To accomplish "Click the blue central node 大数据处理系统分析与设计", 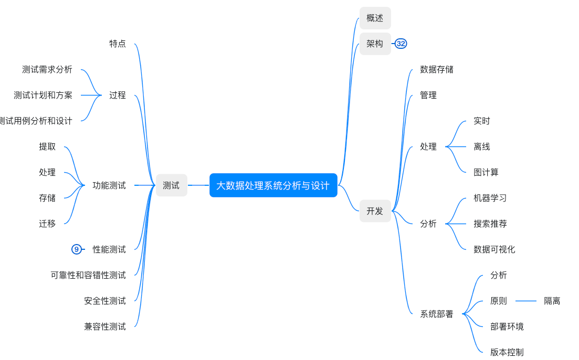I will tap(273, 185).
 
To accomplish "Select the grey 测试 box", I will tap(171, 185).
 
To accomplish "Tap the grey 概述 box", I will tap(375, 18).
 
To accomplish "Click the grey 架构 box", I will tap(375, 44).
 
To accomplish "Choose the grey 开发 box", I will tap(375, 211).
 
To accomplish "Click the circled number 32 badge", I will tap(401, 44).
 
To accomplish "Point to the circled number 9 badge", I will tap(77, 249).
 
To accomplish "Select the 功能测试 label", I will tap(109, 185).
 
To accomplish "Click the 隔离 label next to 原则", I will tap(552, 301).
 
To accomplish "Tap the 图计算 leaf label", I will tap(486, 172).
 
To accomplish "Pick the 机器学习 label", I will tap(490, 198).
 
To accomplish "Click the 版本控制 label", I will tap(507, 352).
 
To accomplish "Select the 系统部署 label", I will tap(436, 314).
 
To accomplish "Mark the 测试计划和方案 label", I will tap(43, 95).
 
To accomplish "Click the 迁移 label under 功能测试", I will tap(47, 224).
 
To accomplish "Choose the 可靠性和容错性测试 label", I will tap(88, 275).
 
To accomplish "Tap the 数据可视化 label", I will tap(494, 249).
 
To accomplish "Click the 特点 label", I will tap(118, 44).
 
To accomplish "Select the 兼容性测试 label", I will tap(105, 326).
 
